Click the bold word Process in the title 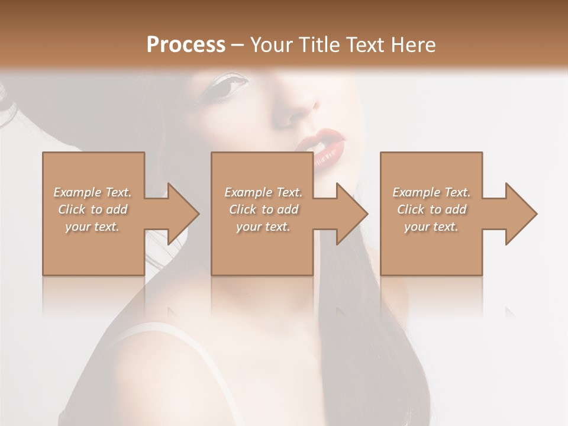tap(186, 45)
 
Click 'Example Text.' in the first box tap(93, 192)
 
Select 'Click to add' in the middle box tap(263, 209)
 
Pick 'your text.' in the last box tap(431, 227)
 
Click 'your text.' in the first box tap(93, 227)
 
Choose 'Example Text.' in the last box tap(431, 192)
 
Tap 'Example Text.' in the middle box tap(263, 192)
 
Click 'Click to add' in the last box tap(431, 209)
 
